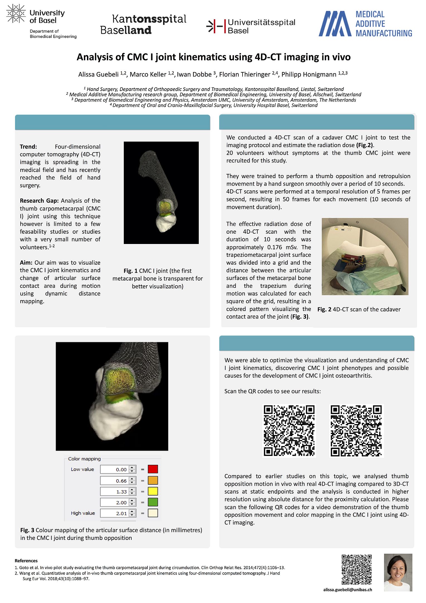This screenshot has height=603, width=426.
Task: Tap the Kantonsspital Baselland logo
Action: [143, 24]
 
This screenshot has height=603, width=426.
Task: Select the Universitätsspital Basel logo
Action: [251, 26]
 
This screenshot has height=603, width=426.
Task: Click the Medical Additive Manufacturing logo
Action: [365, 24]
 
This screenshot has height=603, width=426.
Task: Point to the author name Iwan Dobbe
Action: [194, 75]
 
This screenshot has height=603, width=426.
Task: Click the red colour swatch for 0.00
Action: [153, 469]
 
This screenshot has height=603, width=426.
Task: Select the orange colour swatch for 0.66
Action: [153, 480]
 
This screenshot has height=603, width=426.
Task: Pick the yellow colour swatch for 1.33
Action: [153, 491]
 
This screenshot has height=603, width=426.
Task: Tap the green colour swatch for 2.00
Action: [153, 502]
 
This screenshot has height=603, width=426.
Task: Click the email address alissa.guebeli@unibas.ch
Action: [347, 590]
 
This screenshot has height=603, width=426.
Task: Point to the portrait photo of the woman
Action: [398, 572]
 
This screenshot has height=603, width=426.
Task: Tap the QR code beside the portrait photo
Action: [356, 569]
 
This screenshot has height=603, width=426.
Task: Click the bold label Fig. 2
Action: [324, 309]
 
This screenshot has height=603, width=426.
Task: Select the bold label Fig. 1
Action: [130, 271]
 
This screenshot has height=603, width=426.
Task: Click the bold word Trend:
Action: [28, 147]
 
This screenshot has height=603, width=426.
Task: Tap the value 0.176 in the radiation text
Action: [275, 247]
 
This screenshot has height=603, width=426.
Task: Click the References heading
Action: [26, 561]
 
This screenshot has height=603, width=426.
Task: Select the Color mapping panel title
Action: [84, 459]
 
